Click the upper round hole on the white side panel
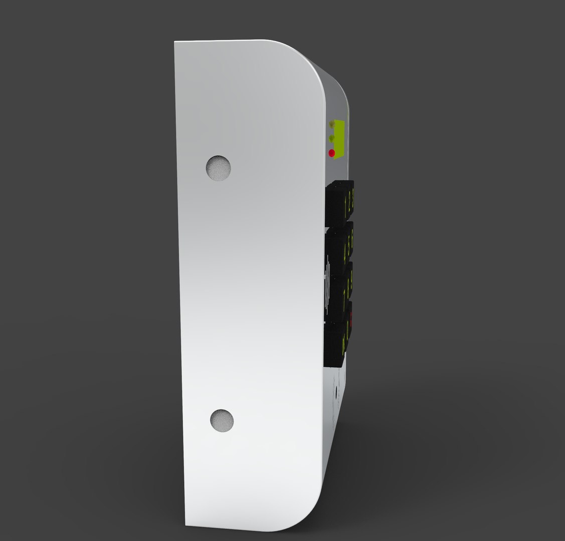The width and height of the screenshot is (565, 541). (x=219, y=167)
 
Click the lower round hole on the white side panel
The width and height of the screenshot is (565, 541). (x=222, y=420)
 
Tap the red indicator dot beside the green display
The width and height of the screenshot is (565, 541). (x=331, y=153)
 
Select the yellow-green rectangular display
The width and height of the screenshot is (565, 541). (x=340, y=139)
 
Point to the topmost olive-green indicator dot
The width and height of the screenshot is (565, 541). (x=331, y=123)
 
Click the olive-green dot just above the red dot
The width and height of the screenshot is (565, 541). (x=331, y=137)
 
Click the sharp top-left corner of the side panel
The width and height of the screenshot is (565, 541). (x=175, y=43)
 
